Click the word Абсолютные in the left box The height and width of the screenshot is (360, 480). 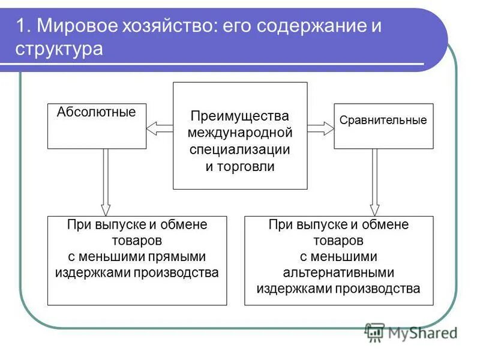pos(96,112)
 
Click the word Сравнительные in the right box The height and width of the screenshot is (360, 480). pos(383,120)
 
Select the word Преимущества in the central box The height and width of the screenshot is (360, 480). pos(240,115)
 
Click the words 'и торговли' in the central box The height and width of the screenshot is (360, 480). pos(240,167)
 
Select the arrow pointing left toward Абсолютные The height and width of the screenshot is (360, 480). pos(160,127)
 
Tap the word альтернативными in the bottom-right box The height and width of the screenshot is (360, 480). pos(339,273)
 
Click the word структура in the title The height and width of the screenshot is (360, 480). pos(60,49)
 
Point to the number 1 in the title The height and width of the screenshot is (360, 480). pos(20,27)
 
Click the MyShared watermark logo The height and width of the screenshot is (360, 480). pos(411,332)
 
